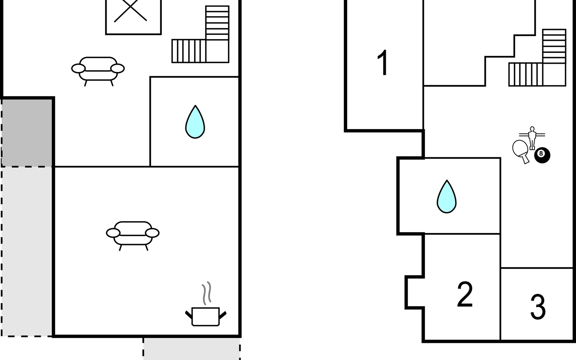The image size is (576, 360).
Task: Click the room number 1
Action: [x=383, y=63]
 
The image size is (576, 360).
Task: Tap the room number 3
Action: [x=538, y=307]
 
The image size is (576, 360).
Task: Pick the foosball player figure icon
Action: [x=532, y=137]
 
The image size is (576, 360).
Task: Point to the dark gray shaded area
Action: [x=27, y=132]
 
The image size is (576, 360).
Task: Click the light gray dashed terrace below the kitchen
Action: [x=191, y=349]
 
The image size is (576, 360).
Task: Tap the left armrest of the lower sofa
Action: [x=113, y=233]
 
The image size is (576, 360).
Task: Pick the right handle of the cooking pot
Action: [x=223, y=315]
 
